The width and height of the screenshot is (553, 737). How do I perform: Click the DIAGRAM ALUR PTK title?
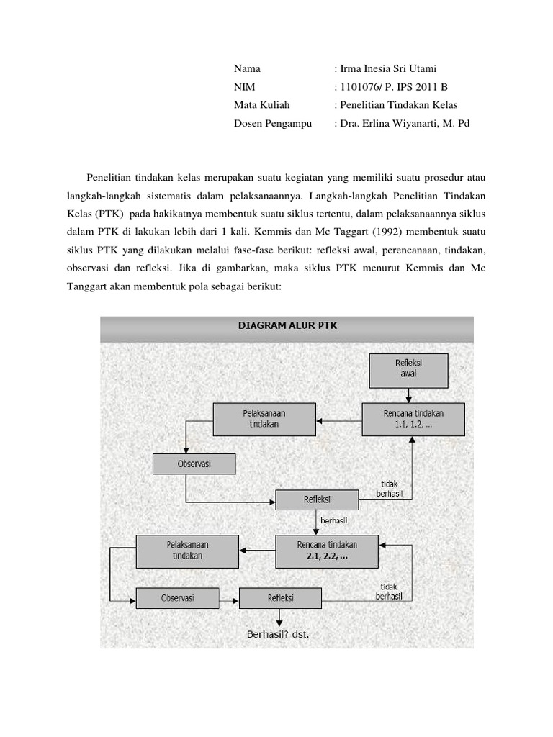point(287,325)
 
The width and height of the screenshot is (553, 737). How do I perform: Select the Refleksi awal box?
point(408,369)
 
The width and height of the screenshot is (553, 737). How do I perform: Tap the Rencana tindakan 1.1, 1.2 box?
point(413,418)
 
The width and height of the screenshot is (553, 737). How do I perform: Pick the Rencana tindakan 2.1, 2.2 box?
point(326,551)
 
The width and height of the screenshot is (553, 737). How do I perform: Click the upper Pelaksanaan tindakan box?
point(265,419)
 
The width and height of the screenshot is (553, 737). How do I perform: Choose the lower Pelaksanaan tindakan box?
point(187,551)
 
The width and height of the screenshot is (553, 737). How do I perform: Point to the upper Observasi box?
point(194,464)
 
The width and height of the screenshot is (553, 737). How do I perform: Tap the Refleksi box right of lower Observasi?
point(281,598)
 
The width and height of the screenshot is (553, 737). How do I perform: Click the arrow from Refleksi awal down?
point(408,395)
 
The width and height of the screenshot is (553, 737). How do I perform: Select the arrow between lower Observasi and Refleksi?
point(229,598)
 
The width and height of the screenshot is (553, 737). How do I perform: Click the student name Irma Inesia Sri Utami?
point(389,69)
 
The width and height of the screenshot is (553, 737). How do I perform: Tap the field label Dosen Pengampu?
point(273,123)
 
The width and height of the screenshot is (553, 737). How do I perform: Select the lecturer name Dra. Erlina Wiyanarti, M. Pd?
point(405,123)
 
